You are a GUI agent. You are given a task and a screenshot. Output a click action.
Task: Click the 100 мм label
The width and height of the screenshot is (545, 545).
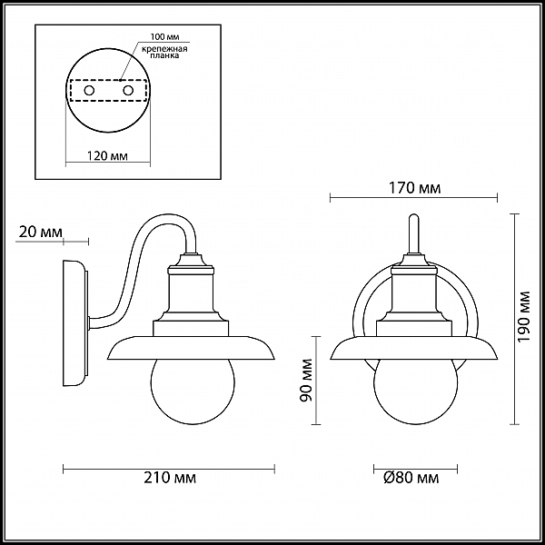click(164, 37)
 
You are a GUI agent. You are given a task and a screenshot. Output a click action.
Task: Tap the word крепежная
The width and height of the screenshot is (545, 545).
click(164, 49)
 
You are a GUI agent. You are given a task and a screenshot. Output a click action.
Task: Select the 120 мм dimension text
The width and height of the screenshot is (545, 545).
click(107, 156)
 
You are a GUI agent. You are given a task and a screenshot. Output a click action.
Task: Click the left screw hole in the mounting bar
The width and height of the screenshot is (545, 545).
click(89, 91)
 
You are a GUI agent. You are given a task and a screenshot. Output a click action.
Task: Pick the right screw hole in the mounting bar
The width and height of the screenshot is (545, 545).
click(128, 91)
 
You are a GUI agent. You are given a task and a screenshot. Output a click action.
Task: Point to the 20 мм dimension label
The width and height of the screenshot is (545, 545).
click(41, 232)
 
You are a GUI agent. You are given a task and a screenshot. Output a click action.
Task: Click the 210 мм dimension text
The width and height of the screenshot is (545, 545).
click(170, 478)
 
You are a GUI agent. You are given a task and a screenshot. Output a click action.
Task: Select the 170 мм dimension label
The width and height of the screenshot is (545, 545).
click(414, 188)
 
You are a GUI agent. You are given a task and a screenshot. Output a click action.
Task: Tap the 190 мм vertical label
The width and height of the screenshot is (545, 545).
click(524, 316)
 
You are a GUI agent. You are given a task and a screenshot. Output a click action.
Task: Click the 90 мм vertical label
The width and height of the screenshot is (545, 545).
click(306, 381)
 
